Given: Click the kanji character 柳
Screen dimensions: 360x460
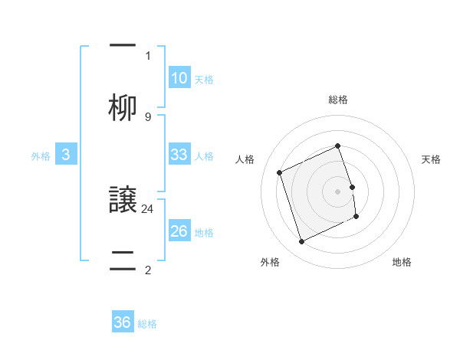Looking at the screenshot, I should tap(123, 107).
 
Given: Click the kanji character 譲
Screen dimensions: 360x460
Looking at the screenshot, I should tap(123, 201).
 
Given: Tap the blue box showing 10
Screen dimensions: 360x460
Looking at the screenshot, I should tap(179, 78).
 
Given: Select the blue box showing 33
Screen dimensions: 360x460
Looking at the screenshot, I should tap(179, 155).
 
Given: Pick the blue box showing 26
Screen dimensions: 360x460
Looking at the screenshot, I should tap(179, 231).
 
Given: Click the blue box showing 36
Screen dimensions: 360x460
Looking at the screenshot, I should tap(123, 322).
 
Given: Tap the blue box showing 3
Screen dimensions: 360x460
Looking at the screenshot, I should tap(66, 155).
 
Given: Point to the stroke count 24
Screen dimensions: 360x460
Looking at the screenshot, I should tap(148, 208).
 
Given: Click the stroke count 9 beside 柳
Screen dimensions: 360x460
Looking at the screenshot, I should tap(148, 116).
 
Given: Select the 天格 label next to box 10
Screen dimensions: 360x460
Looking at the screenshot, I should tap(204, 80).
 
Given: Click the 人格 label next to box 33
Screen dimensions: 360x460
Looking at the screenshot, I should tap(204, 156).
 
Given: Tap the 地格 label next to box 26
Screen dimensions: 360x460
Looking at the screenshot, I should tap(204, 233).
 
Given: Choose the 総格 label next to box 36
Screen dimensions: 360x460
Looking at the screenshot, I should tap(147, 324).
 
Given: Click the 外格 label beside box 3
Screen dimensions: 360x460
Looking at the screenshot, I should tap(41, 156).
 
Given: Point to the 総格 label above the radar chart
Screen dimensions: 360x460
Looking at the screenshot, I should tap(338, 100).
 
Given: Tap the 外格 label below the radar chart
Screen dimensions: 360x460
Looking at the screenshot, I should tap(270, 263).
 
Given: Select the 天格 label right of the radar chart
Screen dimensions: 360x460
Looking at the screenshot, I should tap(431, 159).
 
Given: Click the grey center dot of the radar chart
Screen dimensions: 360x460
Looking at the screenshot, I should tap(338, 191).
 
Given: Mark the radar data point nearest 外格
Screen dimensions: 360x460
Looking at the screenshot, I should tap(301, 242).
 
